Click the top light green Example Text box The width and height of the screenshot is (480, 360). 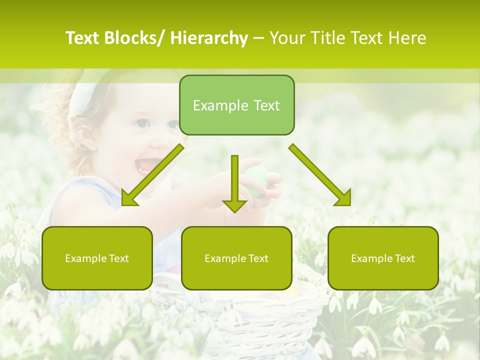tap(236, 105)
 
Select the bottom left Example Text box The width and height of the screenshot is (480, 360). tap(97, 258)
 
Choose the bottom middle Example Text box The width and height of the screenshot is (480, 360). tap(236, 258)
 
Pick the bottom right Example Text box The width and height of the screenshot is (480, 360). tap(383, 258)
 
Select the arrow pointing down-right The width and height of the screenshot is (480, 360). tap(320, 175)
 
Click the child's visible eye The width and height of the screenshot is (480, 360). tap(141, 123)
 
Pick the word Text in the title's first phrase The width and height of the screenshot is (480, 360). tap(83, 38)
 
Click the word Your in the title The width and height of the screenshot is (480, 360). tap(286, 38)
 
